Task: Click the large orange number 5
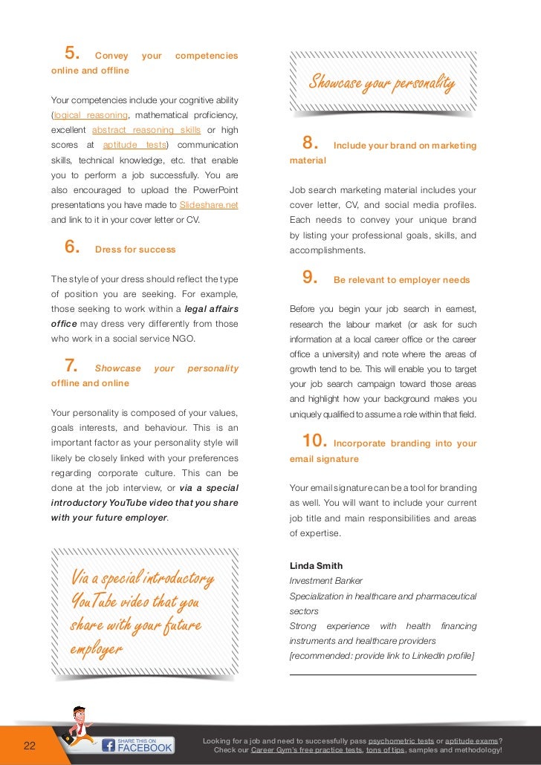click(71, 53)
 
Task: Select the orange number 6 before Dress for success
click(72, 248)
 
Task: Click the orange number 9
click(310, 278)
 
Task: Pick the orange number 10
click(314, 441)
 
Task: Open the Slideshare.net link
click(209, 205)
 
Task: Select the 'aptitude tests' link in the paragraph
click(135, 145)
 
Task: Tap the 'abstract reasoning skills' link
click(146, 130)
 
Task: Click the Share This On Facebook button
click(137, 745)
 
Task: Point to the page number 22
click(30, 746)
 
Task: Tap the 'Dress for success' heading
click(135, 250)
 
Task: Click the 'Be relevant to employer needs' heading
click(401, 280)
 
